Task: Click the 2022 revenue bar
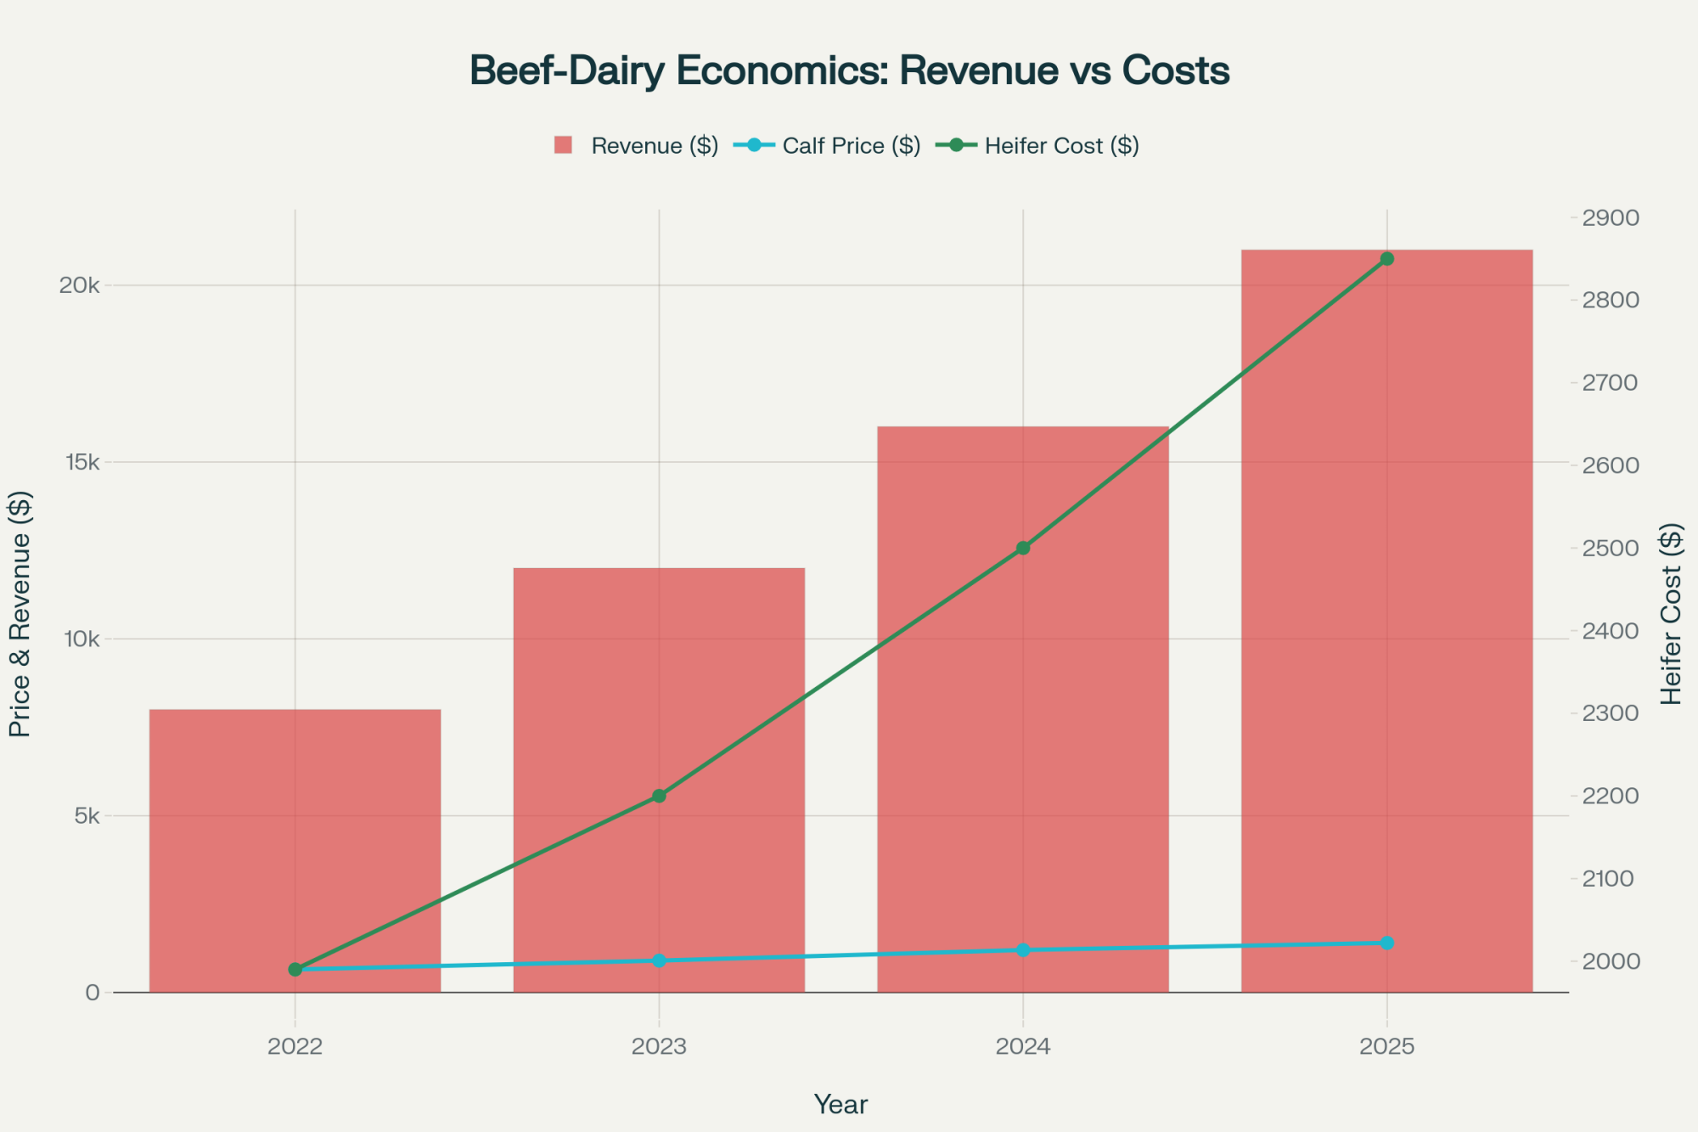295,849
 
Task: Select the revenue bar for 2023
659,679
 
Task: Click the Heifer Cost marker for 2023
659,796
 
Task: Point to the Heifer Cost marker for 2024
1023,548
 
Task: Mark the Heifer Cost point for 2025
1386,258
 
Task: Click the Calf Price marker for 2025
1386,943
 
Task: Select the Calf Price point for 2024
1023,949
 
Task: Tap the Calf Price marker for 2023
659,960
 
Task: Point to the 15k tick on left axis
83,462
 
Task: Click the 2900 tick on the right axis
1610,218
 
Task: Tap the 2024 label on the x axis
1022,1046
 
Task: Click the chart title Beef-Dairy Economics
849,70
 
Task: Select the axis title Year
841,1104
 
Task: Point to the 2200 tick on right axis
1610,796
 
